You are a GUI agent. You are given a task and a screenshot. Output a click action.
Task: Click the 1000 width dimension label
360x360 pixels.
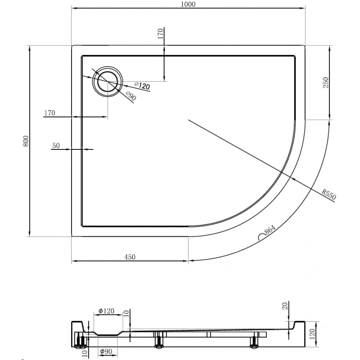point(188,4)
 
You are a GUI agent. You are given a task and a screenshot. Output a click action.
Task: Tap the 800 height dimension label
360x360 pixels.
point(26,141)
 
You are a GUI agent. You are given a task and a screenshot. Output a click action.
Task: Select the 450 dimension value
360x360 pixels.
point(130,257)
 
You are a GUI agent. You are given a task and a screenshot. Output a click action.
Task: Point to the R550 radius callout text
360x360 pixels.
point(329,194)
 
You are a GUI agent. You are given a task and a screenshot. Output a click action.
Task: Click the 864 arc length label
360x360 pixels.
point(270,229)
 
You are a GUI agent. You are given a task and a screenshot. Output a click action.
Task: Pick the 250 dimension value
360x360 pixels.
point(326,82)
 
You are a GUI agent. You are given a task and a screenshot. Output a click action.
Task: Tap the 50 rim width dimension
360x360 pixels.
point(56,145)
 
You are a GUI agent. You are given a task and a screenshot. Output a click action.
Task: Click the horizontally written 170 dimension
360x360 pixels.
point(49,113)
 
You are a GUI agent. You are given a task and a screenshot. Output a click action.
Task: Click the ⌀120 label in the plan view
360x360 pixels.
point(142,85)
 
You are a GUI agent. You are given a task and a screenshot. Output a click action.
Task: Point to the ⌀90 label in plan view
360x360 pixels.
point(130,95)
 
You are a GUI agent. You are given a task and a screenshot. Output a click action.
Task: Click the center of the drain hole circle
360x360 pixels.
point(108,81)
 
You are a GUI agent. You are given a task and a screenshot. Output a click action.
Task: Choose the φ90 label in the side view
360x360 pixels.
point(106,351)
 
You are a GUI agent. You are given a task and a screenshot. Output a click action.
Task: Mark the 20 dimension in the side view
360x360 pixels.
point(284,306)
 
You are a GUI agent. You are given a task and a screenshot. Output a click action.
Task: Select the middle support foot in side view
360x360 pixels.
point(158,340)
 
